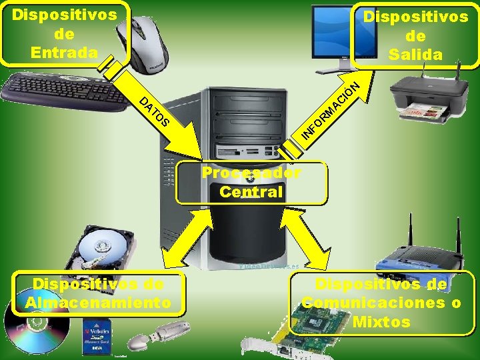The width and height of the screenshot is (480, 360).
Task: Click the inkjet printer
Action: (x=434, y=97)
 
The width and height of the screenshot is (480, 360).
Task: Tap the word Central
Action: (x=251, y=191)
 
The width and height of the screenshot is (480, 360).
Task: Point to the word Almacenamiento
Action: (x=98, y=303)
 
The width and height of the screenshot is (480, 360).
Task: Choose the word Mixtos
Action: (x=382, y=323)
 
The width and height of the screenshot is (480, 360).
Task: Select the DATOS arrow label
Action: (x=157, y=113)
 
